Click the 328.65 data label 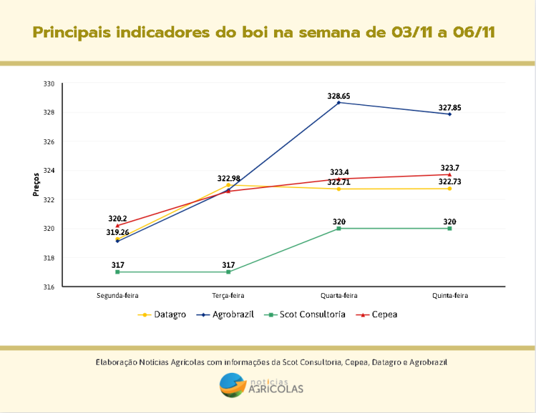tap(338, 96)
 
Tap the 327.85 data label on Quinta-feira tap(450, 108)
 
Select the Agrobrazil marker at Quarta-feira tap(339, 102)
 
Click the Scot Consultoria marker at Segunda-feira tap(117, 272)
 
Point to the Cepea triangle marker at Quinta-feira tap(450, 174)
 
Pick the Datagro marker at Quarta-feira tap(339, 189)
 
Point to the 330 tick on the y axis tap(49, 84)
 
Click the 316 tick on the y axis tap(49, 287)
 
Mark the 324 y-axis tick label tap(49, 171)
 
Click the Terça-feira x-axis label tap(228, 295)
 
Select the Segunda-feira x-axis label tap(117, 295)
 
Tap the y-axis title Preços tap(36, 185)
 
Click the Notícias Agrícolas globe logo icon tap(232, 385)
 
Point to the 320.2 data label tap(117, 218)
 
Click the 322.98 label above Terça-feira tap(228, 179)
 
